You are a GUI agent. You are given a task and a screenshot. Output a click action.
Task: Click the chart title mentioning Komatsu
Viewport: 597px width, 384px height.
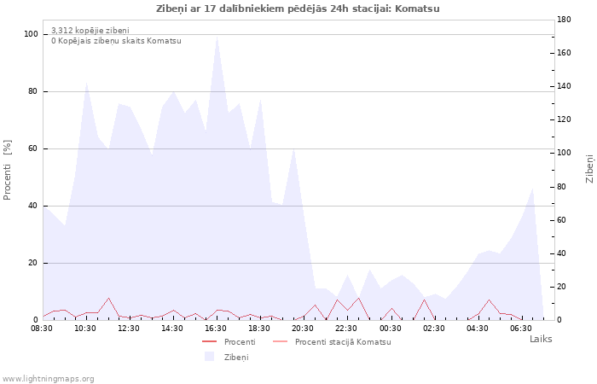[298, 9]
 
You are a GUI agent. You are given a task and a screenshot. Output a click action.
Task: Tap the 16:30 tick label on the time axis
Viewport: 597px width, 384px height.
[216, 329]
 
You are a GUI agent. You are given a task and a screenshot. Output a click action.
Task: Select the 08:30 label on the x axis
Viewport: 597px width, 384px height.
[42, 329]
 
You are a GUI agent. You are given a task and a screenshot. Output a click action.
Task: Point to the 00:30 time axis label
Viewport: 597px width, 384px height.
[391, 329]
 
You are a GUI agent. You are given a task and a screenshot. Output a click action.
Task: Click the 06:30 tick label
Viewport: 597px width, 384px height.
[521, 329]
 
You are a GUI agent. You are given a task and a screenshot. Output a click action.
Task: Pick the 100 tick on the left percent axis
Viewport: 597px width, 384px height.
[31, 34]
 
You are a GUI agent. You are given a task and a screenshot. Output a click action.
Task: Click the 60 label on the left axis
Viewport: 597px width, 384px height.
[32, 148]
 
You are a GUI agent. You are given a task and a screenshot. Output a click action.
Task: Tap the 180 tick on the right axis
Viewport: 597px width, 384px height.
[564, 20]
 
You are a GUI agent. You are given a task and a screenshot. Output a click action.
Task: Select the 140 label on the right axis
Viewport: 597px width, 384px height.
[564, 86]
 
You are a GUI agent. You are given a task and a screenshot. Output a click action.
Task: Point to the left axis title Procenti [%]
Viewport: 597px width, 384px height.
[7, 170]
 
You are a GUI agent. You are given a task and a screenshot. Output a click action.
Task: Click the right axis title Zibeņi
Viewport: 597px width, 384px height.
[590, 169]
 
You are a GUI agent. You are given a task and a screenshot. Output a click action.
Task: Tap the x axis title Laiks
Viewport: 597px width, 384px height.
[541, 339]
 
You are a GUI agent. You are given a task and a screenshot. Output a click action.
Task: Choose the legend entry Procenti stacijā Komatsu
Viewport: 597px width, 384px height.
[343, 342]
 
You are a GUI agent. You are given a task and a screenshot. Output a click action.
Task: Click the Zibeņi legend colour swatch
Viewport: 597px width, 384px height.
[210, 357]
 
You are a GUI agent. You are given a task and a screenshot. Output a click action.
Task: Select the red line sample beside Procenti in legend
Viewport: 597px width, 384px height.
[210, 341]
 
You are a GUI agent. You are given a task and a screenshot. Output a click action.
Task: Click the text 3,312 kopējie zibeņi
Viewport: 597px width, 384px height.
[90, 31]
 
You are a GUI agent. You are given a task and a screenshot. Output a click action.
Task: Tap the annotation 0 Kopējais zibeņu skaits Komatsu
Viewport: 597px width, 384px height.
[116, 41]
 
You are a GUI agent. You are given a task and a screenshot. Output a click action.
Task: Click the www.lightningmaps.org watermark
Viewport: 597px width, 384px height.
[48, 379]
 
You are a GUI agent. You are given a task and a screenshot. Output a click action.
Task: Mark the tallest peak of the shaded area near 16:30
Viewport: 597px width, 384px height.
[217, 37]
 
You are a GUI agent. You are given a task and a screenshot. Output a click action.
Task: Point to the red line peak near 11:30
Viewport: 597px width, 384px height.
[108, 298]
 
